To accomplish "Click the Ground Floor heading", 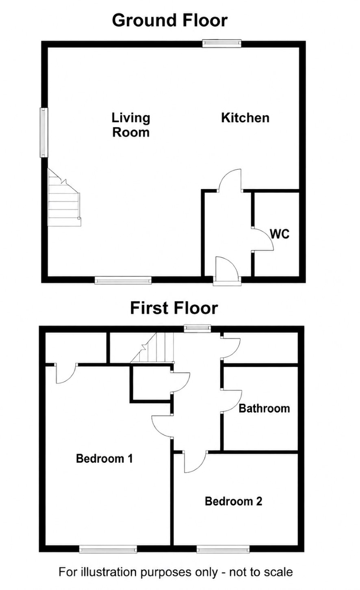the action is pos(170,21).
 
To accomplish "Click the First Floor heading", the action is pos(174,308).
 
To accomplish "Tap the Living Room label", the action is pos(131,125).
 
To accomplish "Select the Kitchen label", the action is pos(245,118).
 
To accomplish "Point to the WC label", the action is pos(280,234).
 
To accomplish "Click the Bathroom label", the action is pos(265,408).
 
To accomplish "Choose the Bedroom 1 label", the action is pos(104,458).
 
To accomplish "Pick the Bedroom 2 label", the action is pos(234,501).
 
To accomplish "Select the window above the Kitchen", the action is pos(221,43).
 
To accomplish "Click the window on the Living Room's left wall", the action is pos(44,132).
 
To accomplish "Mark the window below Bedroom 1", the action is pos(108,549).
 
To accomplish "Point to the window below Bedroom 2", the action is pos(223,549).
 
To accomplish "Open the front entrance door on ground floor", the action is pos(227,271).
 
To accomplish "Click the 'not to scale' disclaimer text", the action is pos(261,572).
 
